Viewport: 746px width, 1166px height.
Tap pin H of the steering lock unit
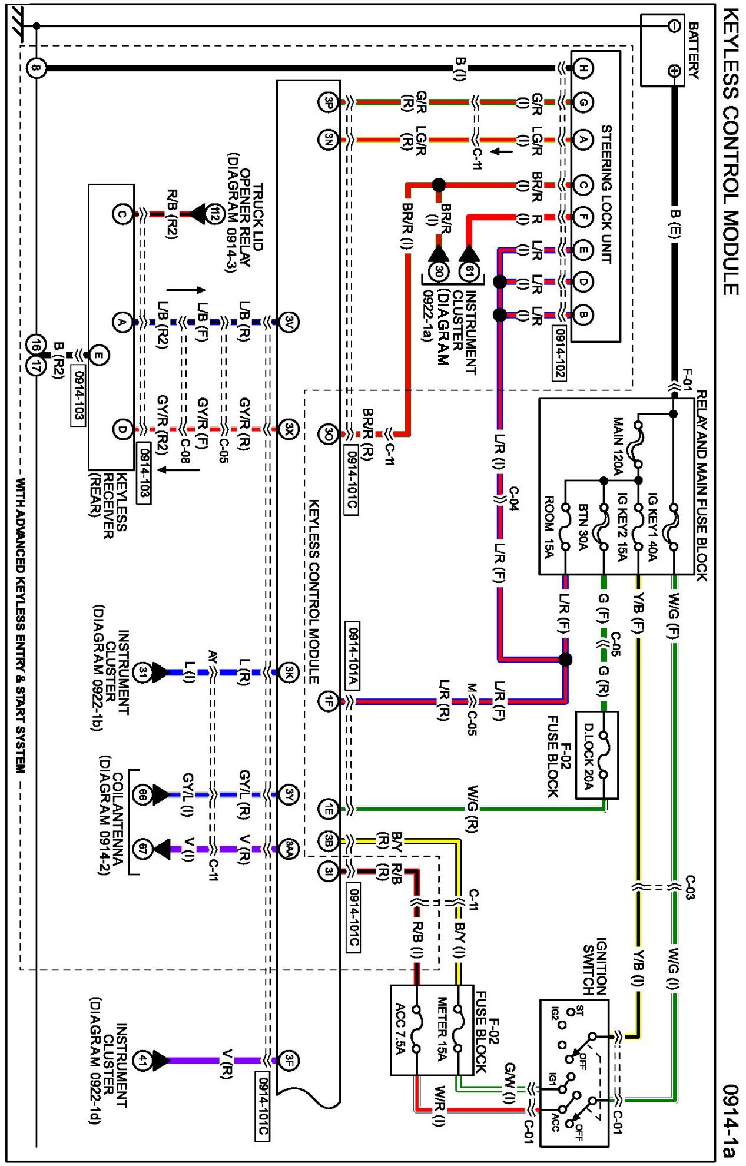coord(582,68)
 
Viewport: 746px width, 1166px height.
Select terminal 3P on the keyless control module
coord(328,102)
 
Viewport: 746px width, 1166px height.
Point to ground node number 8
coord(36,68)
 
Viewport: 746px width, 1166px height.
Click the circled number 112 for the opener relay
coord(215,214)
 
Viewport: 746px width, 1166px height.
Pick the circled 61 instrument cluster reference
coord(469,271)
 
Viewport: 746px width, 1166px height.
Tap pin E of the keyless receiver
coord(99,355)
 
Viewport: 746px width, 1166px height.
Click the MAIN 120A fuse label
coord(618,446)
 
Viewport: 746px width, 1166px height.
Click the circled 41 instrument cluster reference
coord(142,1060)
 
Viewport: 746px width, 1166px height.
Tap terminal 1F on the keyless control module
coord(328,701)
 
